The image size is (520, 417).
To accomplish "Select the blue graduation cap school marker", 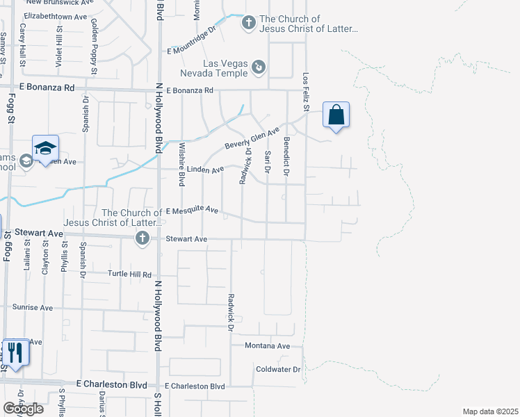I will point(45,148).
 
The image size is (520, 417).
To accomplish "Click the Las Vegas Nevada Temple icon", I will point(259,67).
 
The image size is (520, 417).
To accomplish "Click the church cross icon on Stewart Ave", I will point(142,240).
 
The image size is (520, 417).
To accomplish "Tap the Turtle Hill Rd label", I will point(129,275).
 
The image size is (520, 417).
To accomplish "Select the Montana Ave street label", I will point(267,345).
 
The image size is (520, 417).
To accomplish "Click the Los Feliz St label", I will point(305,93).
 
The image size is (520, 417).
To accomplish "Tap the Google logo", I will point(23,408).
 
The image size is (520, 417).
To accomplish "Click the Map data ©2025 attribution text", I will point(490,411).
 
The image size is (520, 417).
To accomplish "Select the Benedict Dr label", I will point(286,156).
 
